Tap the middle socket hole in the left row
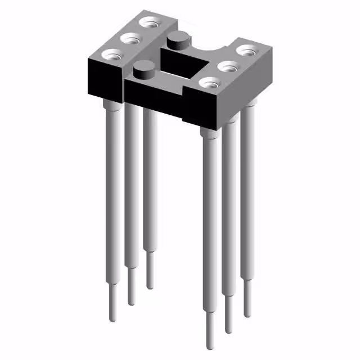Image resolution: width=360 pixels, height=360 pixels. (x=131, y=40)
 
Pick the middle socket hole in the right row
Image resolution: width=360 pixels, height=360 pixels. (x=228, y=66)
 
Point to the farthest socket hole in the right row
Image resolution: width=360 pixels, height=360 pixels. (x=247, y=50)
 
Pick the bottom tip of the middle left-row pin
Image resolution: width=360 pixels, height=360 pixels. (x=132, y=304)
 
